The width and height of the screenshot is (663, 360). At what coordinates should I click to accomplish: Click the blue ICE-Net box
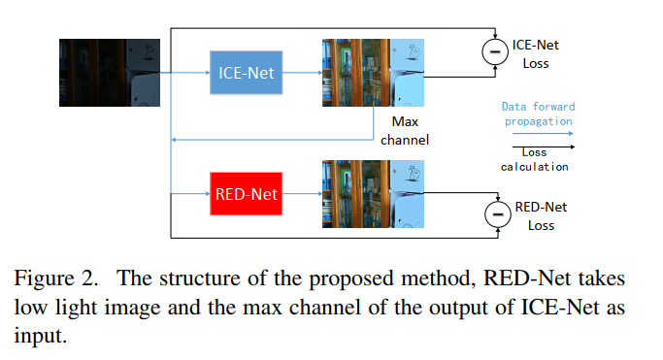(246, 72)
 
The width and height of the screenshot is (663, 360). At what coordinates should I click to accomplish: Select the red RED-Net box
(245, 194)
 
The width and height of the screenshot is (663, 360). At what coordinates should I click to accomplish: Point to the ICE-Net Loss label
(536, 54)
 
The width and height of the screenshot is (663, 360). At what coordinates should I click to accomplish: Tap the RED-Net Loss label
(540, 215)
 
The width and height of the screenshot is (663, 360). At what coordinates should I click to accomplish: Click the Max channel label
(404, 131)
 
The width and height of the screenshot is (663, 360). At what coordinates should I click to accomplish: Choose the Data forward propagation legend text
(537, 114)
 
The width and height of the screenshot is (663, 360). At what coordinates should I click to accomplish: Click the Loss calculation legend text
(535, 159)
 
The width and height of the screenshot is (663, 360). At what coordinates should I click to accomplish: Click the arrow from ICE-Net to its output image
(302, 72)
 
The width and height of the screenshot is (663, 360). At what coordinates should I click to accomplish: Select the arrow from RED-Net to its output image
(302, 194)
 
